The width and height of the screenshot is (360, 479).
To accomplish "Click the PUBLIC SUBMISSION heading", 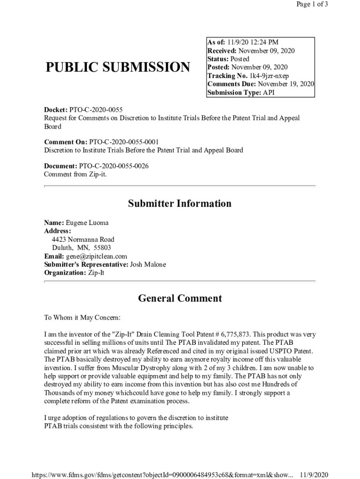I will (x=118, y=67).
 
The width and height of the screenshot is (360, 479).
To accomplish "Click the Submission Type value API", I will (x=268, y=93).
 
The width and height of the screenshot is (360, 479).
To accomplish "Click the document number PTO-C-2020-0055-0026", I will (x=114, y=166).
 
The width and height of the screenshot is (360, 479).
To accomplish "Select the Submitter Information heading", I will (x=180, y=203).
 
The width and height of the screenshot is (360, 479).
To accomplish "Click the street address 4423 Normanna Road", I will (x=83, y=239).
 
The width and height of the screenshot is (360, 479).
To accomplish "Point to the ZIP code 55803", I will (x=102, y=248).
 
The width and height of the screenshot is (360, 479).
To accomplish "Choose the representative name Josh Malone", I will (x=148, y=265).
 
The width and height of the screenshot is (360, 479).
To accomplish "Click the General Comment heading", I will (x=180, y=298).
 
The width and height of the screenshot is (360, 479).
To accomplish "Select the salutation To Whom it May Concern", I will (x=82, y=318).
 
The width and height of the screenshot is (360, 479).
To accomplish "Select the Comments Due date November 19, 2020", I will (x=286, y=84).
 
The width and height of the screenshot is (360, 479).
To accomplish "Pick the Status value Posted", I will (x=240, y=59).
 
